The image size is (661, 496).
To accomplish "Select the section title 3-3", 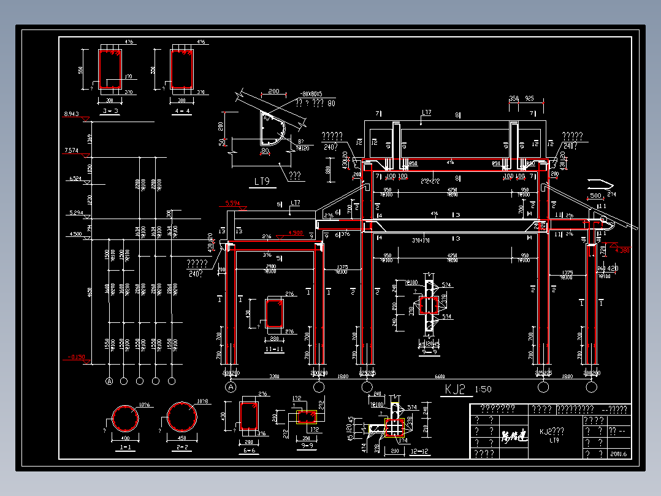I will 111,111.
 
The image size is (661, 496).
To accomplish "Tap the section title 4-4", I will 182,111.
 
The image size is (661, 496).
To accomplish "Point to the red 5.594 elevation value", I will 233,203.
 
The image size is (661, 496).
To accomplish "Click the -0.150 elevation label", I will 76,356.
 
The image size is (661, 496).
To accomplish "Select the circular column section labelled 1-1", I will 125,420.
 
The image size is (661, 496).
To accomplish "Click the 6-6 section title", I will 249,451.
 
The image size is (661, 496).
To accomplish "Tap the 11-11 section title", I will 273,349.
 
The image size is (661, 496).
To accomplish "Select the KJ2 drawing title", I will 456,389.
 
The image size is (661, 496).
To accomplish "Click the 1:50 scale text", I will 483,389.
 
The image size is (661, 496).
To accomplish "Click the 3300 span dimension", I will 274,376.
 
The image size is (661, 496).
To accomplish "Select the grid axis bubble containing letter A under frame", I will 231,387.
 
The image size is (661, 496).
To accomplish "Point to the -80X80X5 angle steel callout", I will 311,95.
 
